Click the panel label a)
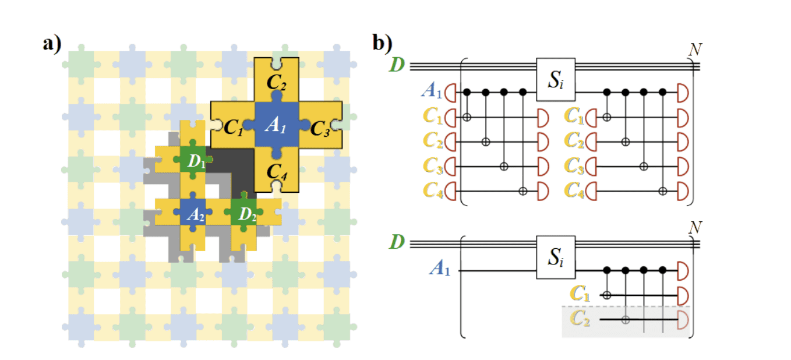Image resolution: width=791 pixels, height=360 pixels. pos(52,44)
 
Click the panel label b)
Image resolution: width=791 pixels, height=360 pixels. pos(383,44)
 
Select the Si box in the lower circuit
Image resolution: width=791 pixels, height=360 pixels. pos(556,256)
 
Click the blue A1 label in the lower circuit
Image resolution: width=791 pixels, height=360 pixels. pos(440,269)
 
